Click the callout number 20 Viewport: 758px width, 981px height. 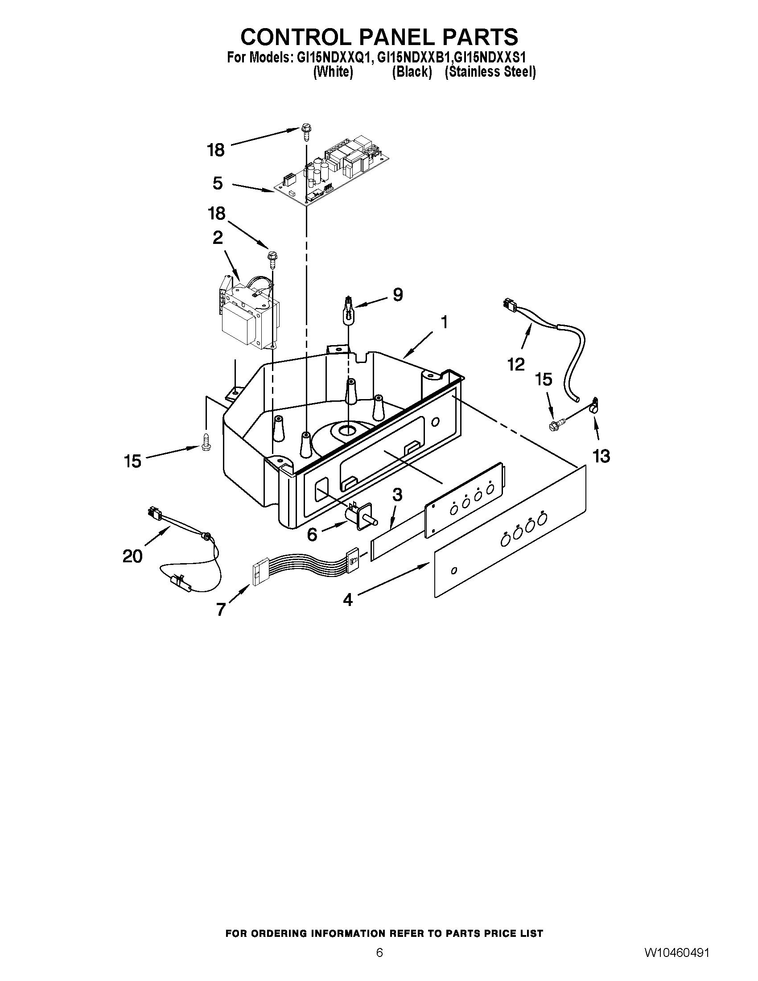(x=132, y=556)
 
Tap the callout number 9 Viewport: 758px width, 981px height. (x=397, y=295)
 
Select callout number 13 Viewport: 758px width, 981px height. (x=601, y=456)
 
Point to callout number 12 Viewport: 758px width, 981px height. (x=516, y=364)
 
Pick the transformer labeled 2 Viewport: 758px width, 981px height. (x=250, y=317)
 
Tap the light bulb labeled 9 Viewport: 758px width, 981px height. (x=348, y=310)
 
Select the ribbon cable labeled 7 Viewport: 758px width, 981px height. (x=305, y=565)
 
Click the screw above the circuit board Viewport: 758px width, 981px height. (x=306, y=132)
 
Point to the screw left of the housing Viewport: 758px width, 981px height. (x=206, y=442)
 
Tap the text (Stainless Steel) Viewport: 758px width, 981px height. (x=490, y=72)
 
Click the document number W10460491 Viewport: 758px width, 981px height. (x=677, y=965)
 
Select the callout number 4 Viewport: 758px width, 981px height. (x=348, y=600)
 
